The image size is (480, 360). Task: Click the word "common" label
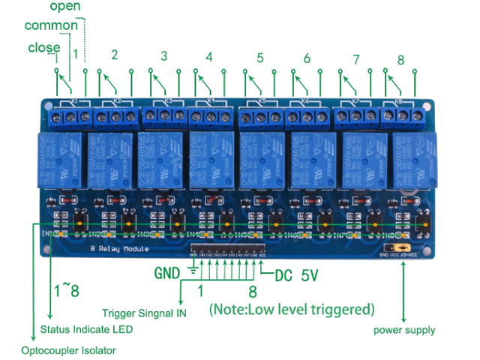(x=51, y=26)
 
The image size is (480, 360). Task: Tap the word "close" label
(x=44, y=48)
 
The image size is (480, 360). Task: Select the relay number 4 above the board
(x=209, y=57)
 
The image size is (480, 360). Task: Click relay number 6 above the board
(x=307, y=58)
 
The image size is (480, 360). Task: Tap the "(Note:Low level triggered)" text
(x=292, y=308)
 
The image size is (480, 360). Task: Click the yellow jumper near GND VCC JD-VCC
(x=402, y=247)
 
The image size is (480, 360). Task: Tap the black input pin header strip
(x=229, y=247)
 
